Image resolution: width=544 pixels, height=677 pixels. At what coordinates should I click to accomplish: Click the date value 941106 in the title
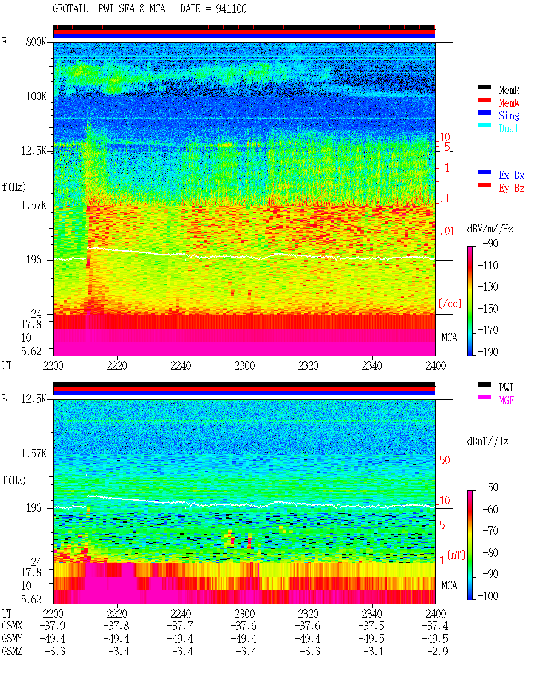coord(231,9)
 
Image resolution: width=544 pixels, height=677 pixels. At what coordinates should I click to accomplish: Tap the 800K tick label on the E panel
coord(36,42)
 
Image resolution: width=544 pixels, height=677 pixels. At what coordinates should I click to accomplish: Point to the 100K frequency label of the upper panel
coord(36,96)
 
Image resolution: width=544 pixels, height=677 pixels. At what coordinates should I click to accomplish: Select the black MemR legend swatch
coord(484,87)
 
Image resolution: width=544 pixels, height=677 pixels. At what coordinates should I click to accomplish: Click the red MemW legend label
coord(509,103)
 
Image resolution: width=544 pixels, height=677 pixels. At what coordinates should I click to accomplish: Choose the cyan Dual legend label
coord(509,128)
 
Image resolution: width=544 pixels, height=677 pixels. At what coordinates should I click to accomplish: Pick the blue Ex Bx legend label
coord(512,175)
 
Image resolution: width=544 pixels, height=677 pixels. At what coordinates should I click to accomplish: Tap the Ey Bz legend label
coord(512,188)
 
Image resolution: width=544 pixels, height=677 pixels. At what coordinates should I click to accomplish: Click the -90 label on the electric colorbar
coord(490,243)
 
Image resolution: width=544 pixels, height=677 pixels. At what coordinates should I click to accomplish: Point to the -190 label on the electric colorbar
coord(488,352)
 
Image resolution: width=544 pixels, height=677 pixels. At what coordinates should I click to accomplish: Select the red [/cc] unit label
coord(450,303)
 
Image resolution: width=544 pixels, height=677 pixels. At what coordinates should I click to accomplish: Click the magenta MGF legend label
coord(507,400)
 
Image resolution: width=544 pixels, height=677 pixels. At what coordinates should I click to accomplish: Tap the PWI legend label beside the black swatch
coord(506,387)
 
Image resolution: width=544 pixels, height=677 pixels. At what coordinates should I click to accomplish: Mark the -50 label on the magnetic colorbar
coord(490,487)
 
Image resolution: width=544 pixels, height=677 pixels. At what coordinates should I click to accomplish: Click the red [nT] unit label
coord(456,555)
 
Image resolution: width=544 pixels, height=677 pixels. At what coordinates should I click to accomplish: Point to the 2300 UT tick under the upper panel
coord(244,365)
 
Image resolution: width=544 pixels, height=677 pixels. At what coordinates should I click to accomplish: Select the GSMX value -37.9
coord(53,626)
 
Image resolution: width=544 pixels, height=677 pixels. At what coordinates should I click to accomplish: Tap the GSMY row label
coord(12,638)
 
